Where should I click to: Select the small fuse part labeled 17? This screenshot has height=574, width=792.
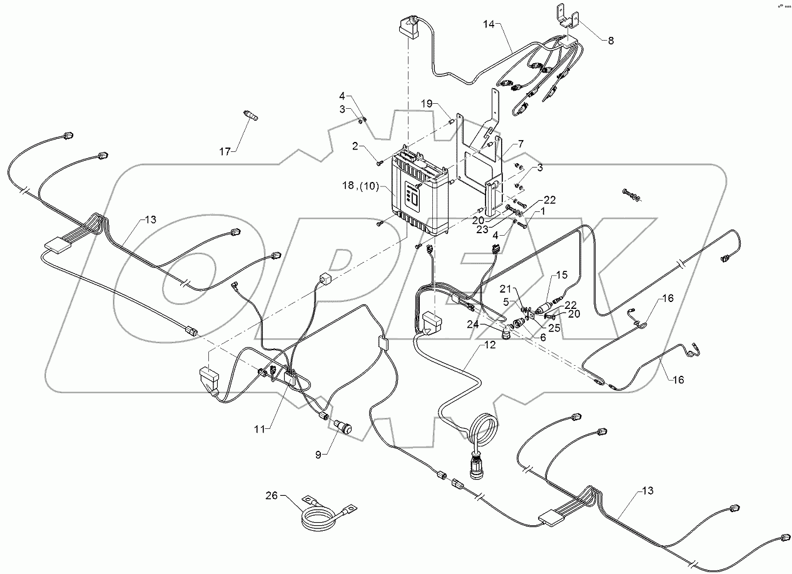click(251, 116)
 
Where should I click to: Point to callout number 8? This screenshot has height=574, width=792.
click(611, 40)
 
